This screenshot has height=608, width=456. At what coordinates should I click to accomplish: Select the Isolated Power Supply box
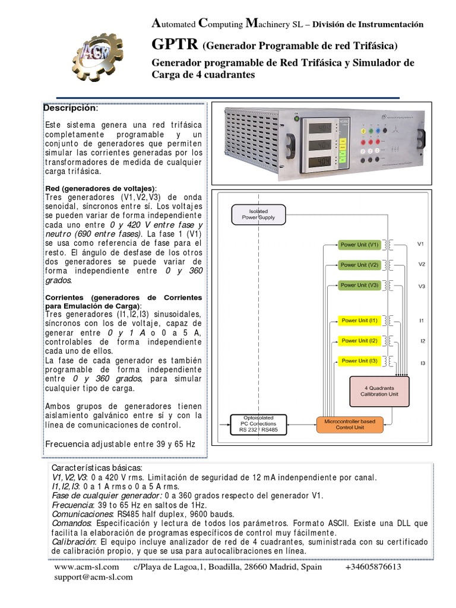click(x=258, y=214)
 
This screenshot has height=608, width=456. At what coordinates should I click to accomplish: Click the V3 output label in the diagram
click(x=421, y=286)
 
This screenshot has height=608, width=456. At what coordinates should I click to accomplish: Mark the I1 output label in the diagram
click(x=421, y=321)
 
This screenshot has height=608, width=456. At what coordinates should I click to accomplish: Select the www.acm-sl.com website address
click(x=85, y=567)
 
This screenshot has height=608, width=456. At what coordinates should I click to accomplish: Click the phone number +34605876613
click(x=373, y=567)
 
